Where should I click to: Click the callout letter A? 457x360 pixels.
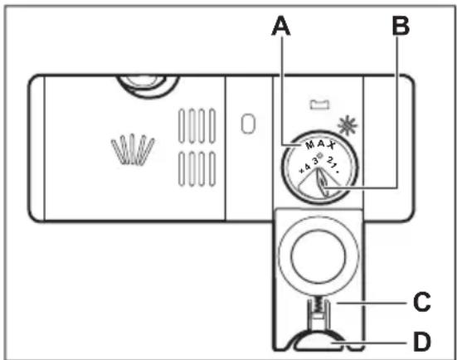point(281,26)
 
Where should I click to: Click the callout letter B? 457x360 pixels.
point(401,26)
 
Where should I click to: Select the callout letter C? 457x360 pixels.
point(421,301)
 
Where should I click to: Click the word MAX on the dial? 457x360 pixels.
point(320,144)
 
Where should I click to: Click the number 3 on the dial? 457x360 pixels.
point(315,161)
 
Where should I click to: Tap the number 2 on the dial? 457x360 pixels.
point(330,160)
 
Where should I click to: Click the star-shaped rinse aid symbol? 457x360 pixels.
point(348,125)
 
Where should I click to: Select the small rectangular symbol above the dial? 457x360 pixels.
point(319,105)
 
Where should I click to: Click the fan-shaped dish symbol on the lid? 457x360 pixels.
point(133,149)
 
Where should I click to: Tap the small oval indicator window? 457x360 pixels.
point(248,124)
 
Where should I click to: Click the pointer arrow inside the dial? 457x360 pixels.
point(323,183)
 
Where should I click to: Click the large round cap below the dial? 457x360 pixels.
point(318,256)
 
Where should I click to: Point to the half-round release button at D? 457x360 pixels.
point(319,340)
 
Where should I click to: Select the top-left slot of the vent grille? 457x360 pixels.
point(182,126)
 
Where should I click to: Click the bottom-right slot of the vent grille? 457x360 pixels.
point(212,168)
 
